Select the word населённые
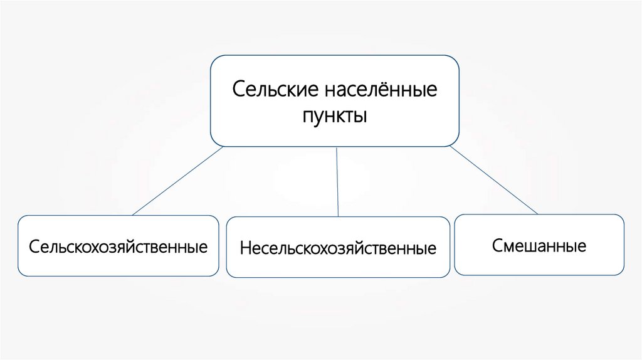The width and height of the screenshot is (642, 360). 381,89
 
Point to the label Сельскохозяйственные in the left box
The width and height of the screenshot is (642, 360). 118,246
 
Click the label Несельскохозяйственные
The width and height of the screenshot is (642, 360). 338,248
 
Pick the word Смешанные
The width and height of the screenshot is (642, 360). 539,245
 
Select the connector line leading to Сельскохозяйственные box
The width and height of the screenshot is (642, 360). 177,181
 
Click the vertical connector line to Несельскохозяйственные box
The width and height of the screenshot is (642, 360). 337,182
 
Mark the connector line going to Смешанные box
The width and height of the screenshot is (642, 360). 493,180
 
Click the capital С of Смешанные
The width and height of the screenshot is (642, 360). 497,245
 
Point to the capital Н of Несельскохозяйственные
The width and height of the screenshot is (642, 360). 245,248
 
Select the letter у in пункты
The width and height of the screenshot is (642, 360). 328,119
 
